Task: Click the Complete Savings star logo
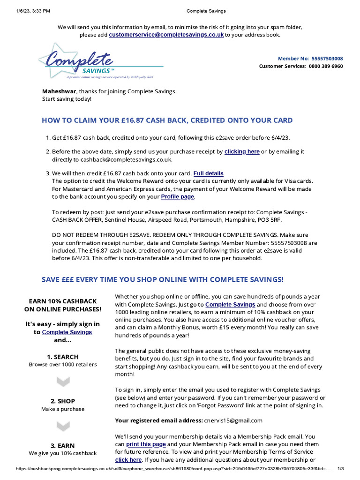[77, 61]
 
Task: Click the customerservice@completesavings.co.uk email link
[166, 35]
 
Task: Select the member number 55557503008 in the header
[327, 59]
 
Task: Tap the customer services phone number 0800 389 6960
[326, 66]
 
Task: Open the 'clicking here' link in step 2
[242, 152]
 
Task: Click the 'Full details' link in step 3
[209, 173]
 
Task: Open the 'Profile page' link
[177, 197]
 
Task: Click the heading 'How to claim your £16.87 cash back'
[167, 120]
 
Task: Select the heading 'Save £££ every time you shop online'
[162, 279]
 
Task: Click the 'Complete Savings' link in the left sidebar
[67, 332]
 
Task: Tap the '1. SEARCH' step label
[63, 357]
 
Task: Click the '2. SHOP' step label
[63, 401]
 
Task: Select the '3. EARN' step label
[63, 446]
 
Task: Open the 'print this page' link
[146, 444]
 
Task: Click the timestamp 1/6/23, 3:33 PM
[27, 11]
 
